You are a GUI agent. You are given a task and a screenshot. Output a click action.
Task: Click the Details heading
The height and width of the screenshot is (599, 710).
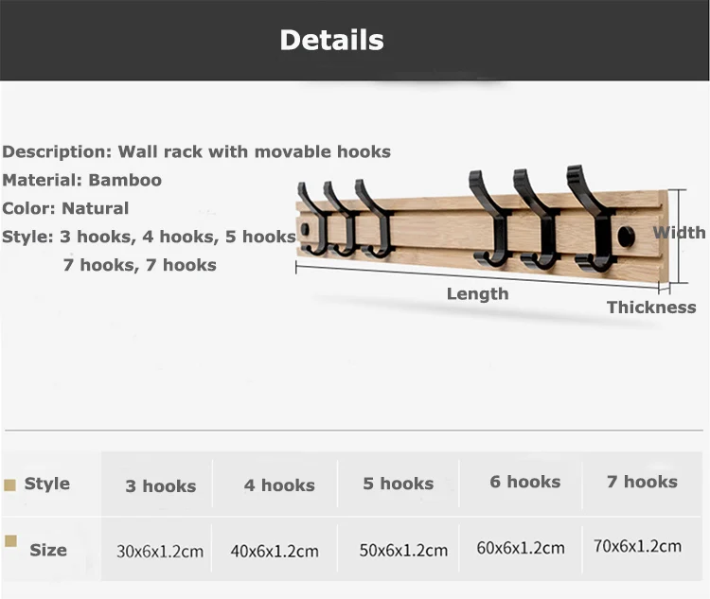tap(331, 40)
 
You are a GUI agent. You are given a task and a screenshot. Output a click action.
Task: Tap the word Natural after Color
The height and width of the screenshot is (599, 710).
tap(95, 208)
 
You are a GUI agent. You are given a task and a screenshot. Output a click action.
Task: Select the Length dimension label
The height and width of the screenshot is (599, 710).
tap(477, 294)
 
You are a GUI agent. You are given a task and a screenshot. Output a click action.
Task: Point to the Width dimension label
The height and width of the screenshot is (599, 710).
tap(679, 233)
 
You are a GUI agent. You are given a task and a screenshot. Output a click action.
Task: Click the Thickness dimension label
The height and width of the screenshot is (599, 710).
tap(650, 308)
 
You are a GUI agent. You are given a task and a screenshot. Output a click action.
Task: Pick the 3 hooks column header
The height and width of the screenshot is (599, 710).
tap(160, 486)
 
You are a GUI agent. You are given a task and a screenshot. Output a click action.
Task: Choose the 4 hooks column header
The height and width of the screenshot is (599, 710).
tap(279, 485)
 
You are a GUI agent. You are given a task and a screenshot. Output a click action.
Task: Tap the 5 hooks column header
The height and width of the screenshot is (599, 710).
tap(398, 484)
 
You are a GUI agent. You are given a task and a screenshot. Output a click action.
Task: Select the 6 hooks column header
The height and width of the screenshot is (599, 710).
tap(524, 482)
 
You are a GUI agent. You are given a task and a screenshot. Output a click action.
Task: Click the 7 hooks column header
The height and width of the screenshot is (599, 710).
tap(642, 482)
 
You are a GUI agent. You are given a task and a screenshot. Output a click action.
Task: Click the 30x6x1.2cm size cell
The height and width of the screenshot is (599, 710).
tap(160, 552)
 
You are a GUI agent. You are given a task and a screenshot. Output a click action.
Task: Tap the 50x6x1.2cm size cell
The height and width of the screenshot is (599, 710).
tap(403, 550)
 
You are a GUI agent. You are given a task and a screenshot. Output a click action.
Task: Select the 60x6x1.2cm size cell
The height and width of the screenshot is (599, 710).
tap(521, 548)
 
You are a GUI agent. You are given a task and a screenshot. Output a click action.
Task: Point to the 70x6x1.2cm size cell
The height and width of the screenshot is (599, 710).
tap(637, 546)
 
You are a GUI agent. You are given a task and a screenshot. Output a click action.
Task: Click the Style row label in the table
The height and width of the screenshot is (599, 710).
tap(46, 484)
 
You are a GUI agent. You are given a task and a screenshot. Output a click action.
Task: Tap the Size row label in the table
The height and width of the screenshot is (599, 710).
tap(47, 550)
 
